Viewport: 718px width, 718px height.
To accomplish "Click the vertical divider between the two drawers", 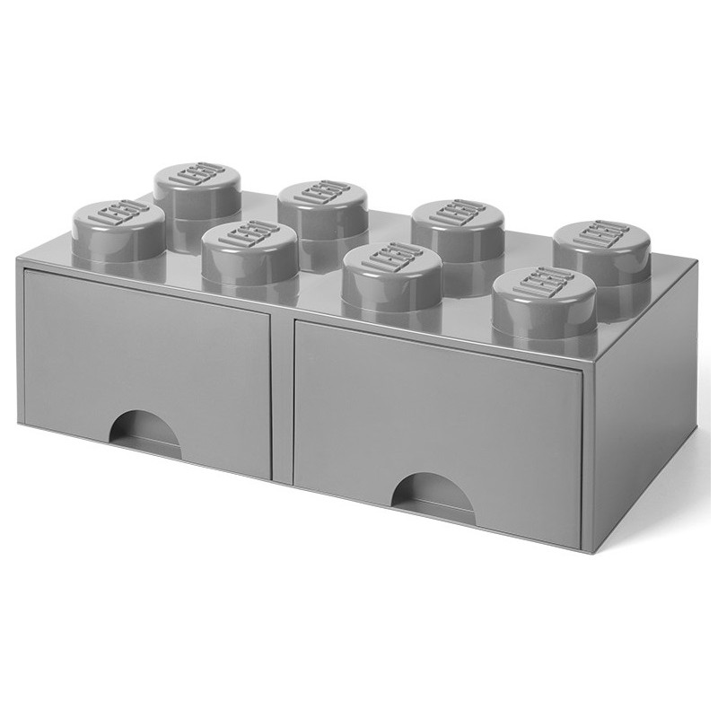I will [282, 395].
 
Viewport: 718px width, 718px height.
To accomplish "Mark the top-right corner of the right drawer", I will [583, 367].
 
